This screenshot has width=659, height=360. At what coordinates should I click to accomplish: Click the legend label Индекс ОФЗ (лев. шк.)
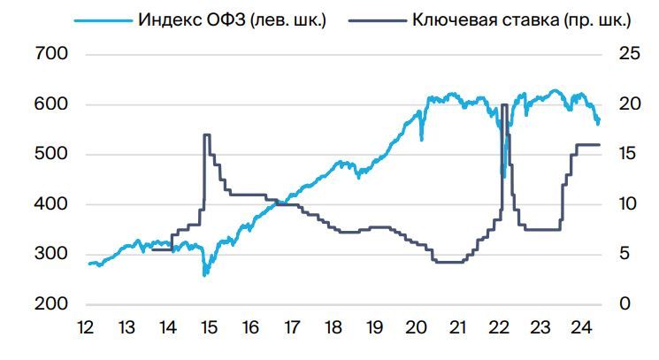(x=232, y=19)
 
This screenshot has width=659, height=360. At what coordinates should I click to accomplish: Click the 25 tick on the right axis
(x=630, y=55)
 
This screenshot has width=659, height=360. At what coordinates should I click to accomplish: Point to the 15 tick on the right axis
(x=630, y=155)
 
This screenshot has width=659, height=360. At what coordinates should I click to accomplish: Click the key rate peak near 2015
(x=206, y=134)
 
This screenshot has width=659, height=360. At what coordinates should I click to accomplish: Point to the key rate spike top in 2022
(x=504, y=105)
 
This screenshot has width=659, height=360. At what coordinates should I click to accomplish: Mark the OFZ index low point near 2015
(x=205, y=275)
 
